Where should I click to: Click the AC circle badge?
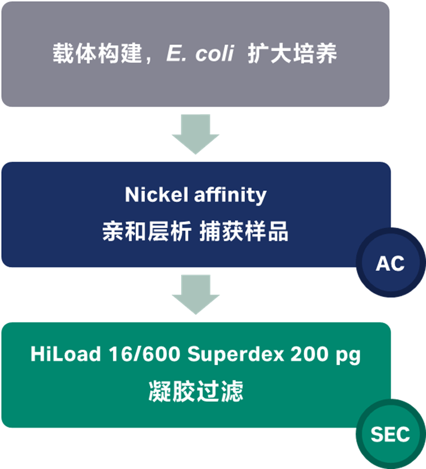390,264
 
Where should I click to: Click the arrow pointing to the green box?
196,295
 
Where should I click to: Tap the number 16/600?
145,354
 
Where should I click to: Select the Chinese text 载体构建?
99,54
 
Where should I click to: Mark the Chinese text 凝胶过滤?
196,392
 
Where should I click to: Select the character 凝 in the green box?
159,392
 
